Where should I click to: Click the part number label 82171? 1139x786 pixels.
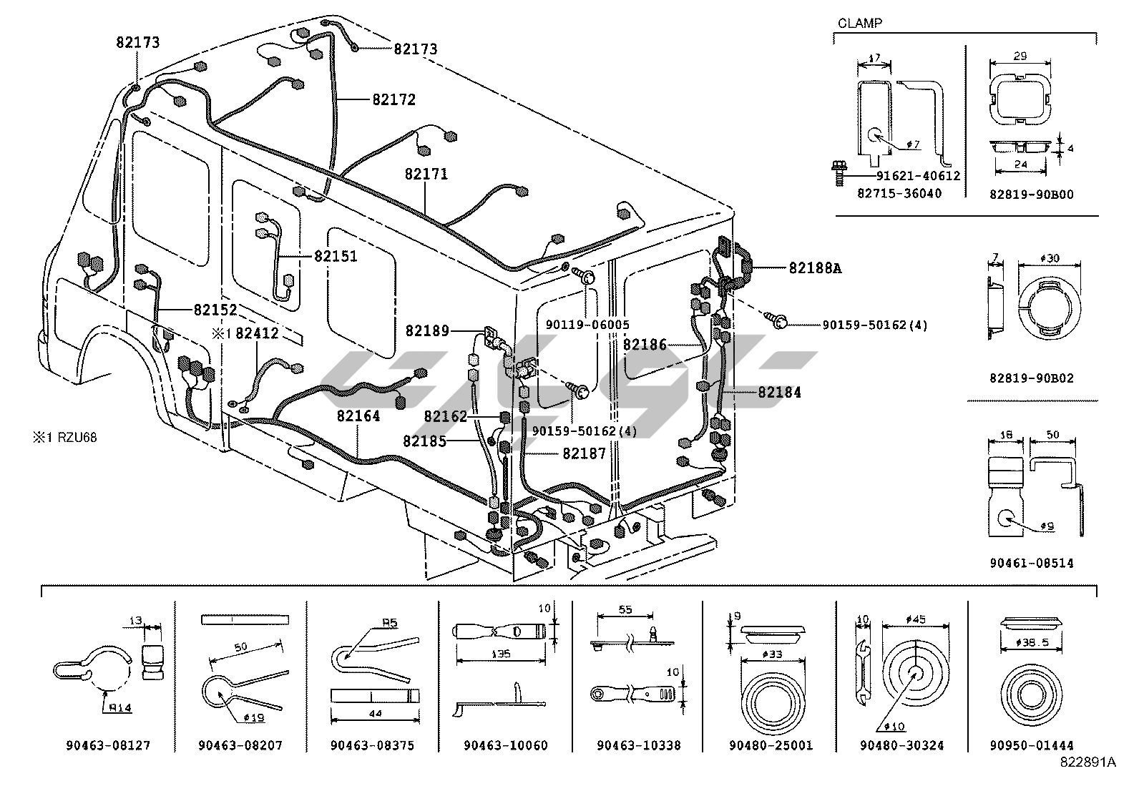(x=426, y=174)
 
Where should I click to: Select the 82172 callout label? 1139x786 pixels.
(x=393, y=100)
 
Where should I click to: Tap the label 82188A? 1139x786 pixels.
(x=815, y=268)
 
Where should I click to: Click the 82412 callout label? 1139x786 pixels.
(x=257, y=333)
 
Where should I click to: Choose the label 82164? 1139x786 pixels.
(x=358, y=416)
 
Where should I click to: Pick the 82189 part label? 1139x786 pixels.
(x=427, y=330)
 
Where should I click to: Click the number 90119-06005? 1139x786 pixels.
(x=587, y=324)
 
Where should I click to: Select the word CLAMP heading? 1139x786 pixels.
(x=859, y=23)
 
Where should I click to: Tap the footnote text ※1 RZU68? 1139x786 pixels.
(x=64, y=438)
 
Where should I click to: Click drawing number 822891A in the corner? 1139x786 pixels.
(x=1087, y=762)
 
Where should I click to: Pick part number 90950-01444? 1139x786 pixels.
(x=1032, y=745)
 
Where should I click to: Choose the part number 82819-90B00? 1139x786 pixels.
(x=1032, y=194)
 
